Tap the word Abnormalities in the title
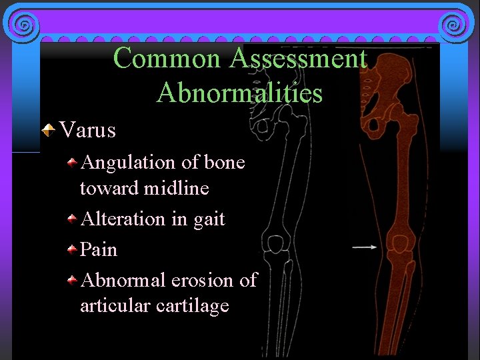tap(239, 92)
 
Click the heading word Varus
tap(87, 130)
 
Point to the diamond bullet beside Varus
tap(47, 130)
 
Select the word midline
tap(179, 189)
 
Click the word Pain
tap(98, 249)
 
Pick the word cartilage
tap(193, 306)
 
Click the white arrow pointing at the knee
tap(364, 247)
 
